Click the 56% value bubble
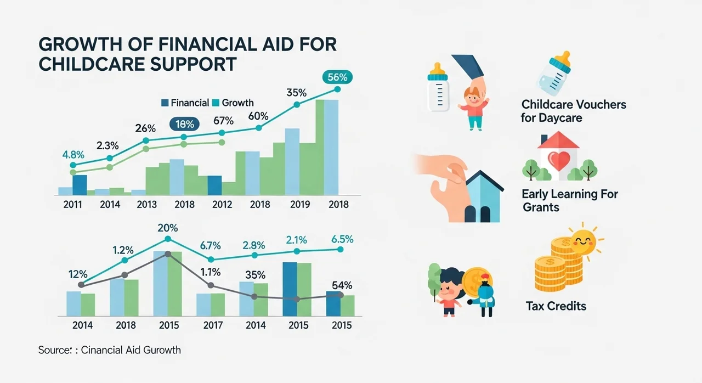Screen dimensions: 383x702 click(x=338, y=77)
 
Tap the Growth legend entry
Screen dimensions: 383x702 click(x=233, y=103)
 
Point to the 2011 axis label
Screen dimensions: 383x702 click(x=73, y=205)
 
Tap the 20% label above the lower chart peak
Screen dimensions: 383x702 click(x=167, y=228)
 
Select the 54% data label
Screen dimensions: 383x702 click(x=341, y=285)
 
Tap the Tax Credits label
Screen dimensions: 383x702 click(x=556, y=306)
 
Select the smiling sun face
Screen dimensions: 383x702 click(x=582, y=240)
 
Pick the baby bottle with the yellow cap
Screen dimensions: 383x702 click(x=437, y=87)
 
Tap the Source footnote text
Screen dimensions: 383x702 click(x=109, y=350)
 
